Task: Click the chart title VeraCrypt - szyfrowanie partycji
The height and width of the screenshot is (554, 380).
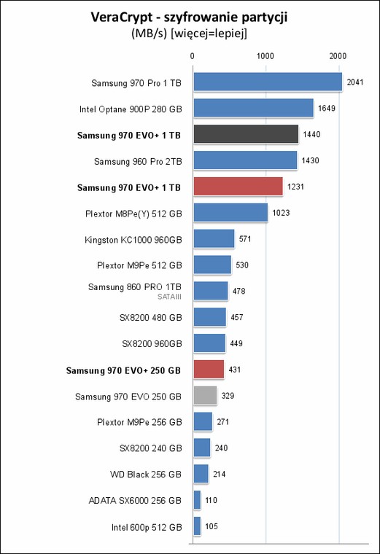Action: click(x=189, y=17)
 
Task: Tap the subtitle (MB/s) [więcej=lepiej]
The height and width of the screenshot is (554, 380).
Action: click(x=189, y=34)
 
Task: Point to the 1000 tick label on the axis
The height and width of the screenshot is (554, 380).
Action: click(x=265, y=56)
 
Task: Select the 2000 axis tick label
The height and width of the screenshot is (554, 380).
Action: click(x=338, y=56)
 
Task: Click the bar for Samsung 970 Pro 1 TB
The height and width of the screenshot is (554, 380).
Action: click(x=268, y=82)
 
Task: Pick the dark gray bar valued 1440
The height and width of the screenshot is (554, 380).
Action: click(x=246, y=134)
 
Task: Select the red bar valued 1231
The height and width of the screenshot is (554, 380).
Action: click(x=239, y=186)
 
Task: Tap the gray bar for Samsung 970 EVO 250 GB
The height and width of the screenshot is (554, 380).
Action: click(x=205, y=395)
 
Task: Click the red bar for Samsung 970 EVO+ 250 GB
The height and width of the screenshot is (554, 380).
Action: click(x=209, y=370)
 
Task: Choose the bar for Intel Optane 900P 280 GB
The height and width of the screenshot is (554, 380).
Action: click(x=253, y=108)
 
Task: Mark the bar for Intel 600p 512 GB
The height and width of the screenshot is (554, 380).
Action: click(x=197, y=526)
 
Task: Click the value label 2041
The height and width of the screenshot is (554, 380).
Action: click(x=355, y=82)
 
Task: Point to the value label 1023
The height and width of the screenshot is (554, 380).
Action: click(x=281, y=213)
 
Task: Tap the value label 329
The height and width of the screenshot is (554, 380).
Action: click(x=228, y=396)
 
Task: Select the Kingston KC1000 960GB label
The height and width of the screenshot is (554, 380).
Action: click(x=133, y=240)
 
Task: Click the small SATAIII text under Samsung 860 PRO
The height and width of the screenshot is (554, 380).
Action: click(x=169, y=297)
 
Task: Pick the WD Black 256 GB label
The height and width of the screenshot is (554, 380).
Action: click(x=146, y=474)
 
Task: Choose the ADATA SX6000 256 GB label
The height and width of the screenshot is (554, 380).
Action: click(x=135, y=501)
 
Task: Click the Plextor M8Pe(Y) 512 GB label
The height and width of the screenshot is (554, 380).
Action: click(x=133, y=214)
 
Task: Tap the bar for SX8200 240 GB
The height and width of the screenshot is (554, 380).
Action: click(x=202, y=448)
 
